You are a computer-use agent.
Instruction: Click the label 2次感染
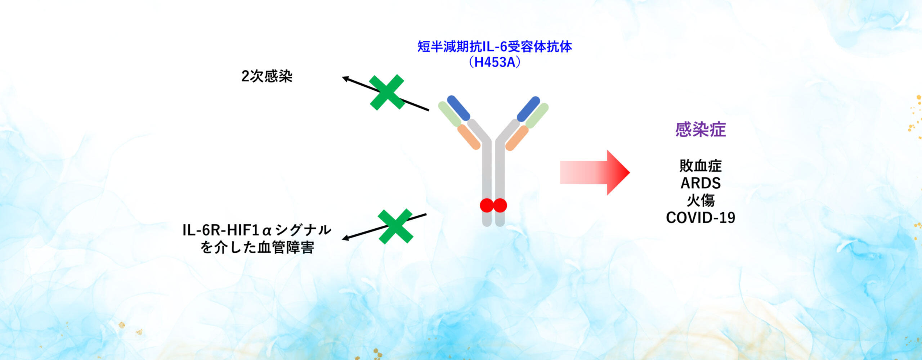(267, 76)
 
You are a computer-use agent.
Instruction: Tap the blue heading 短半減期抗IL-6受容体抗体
(495, 46)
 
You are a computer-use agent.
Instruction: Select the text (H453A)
(495, 62)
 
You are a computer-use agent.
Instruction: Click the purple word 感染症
(701, 130)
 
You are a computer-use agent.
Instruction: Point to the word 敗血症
(701, 166)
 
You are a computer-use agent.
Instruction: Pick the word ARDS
(701, 183)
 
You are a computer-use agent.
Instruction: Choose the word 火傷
(701, 201)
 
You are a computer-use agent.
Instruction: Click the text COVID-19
(701, 218)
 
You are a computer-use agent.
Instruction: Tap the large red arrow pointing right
(595, 173)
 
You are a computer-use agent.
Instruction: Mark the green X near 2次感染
(387, 92)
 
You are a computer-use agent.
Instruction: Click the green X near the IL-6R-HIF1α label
(395, 226)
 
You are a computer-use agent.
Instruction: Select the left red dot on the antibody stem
(487, 205)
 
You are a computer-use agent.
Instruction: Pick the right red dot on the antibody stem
(500, 205)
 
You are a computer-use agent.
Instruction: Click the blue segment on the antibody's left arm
(458, 108)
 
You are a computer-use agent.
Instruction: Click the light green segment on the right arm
(537, 116)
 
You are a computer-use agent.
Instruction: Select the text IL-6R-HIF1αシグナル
(257, 230)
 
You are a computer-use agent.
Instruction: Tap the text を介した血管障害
(257, 247)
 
